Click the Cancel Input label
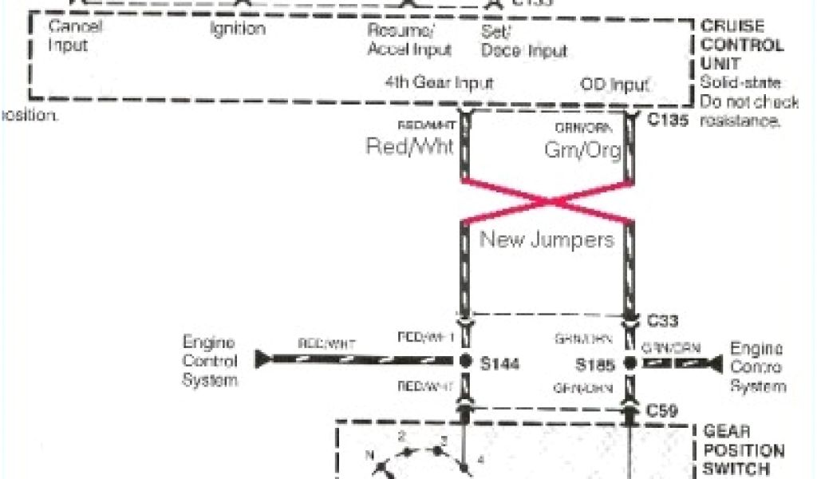click(76, 36)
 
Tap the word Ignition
click(238, 30)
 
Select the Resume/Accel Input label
click(409, 40)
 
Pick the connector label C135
click(668, 120)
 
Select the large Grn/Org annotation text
click(582, 149)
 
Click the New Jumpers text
click(547, 239)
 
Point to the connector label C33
click(663, 321)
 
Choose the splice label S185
click(594, 364)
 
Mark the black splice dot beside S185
click(631, 363)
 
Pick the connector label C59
click(662, 411)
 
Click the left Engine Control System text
click(210, 362)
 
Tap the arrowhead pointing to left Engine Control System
click(261, 360)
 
